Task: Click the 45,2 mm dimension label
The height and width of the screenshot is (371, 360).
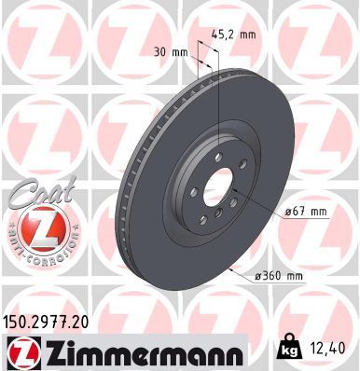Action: tap(235, 35)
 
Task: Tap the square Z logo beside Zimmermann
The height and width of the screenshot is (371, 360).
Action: tap(20, 351)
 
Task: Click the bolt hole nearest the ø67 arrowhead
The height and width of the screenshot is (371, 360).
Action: tap(231, 198)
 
